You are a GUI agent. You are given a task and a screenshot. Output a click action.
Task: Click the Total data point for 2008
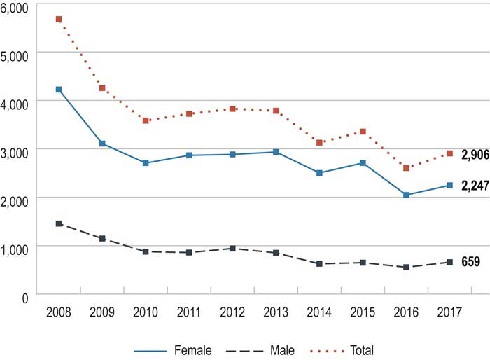(59, 19)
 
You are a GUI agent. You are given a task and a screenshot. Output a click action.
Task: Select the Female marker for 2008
(59, 90)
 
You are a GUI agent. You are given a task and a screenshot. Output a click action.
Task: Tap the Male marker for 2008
(59, 223)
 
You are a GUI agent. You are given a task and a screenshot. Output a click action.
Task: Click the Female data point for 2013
(276, 152)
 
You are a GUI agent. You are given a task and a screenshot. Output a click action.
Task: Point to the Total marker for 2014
(320, 142)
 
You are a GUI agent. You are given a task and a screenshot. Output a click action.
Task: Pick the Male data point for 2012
(233, 248)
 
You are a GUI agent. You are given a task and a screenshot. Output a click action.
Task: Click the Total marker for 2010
(146, 120)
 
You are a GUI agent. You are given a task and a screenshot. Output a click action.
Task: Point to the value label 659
(470, 262)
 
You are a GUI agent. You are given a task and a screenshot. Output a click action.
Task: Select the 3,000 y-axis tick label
(14, 151)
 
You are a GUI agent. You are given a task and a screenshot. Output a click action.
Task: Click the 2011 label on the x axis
(190, 313)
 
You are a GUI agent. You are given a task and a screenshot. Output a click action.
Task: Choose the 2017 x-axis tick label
(450, 313)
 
